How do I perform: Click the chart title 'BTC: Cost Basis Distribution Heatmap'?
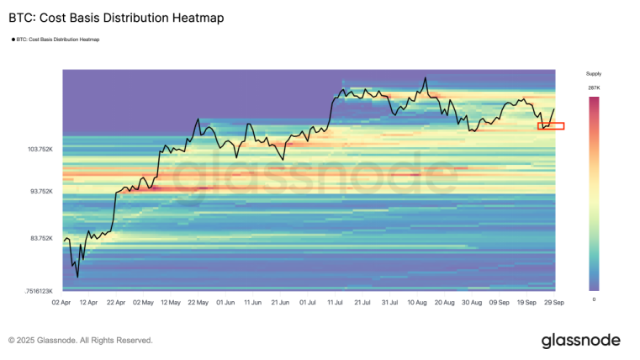pos(116,18)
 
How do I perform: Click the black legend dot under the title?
pos(13,39)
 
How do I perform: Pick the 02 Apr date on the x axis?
pos(61,301)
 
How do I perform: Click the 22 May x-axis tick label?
pos(198,301)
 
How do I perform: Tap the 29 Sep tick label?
pos(553,301)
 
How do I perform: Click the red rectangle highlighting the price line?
pos(551,126)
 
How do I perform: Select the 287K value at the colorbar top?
pos(594,87)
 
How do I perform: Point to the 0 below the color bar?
pos(594,299)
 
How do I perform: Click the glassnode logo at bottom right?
pos(580,340)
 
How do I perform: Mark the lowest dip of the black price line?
pos(77,277)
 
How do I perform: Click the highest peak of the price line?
pos(426,78)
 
